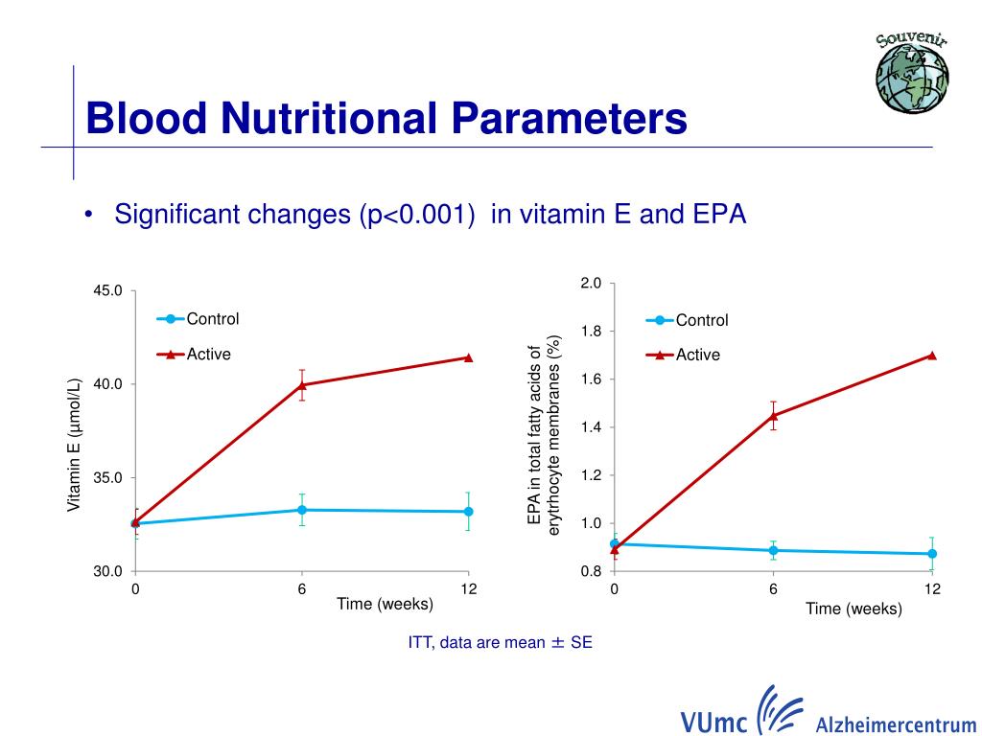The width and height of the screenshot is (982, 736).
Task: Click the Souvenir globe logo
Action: coord(912,73)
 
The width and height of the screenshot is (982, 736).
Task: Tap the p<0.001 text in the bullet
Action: coord(418,214)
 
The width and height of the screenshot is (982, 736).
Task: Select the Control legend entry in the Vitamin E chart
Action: coord(212,319)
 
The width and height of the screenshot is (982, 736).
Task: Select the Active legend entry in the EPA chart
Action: coord(697,355)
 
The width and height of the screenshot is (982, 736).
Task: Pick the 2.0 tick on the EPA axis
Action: coord(590,284)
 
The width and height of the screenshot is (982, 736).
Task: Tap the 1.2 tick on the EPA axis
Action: coord(590,475)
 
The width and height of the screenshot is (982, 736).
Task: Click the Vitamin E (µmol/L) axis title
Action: coord(74,445)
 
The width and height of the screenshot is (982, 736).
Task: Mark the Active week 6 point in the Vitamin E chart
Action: coord(302,384)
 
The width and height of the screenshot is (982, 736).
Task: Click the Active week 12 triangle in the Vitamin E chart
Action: coord(468,357)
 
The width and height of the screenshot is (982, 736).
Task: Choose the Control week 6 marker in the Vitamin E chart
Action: coord(302,510)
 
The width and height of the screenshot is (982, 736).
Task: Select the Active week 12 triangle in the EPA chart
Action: coord(932,355)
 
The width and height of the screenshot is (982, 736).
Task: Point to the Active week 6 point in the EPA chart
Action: coord(773,415)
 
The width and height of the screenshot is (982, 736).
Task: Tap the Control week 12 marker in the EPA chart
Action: coord(932,554)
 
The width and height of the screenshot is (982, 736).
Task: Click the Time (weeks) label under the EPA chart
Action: coord(853,609)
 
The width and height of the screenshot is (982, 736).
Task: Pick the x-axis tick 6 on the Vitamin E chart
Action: coord(302,588)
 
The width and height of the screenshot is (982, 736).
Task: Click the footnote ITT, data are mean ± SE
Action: coord(500,643)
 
